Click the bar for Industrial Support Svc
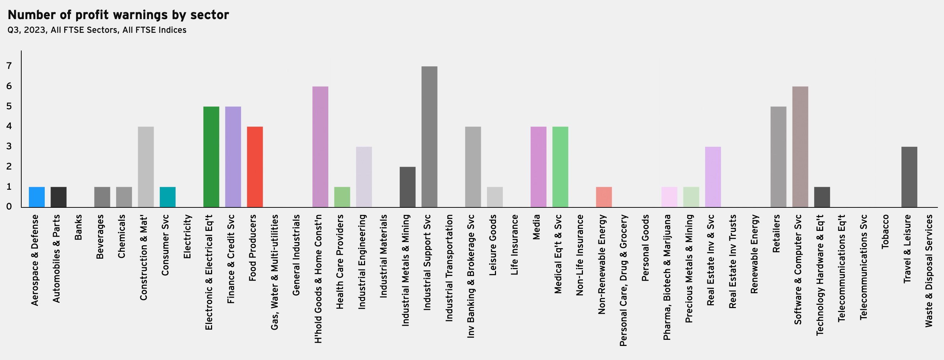pyautogui.click(x=429, y=137)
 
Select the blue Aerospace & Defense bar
pyautogui.click(x=37, y=197)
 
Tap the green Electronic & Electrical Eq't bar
pyautogui.click(x=211, y=157)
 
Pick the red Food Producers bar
pyautogui.click(x=255, y=167)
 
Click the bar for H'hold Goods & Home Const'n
pyautogui.click(x=320, y=147)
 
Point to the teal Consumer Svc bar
pyautogui.click(x=167, y=197)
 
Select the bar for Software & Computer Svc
pyautogui.click(x=800, y=147)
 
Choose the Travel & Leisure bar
pyautogui.click(x=909, y=177)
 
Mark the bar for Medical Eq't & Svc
pyautogui.click(x=560, y=167)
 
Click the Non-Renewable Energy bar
pyautogui.click(x=603, y=197)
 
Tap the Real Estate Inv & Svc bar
pyautogui.click(x=713, y=177)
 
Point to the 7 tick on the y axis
pyautogui.click(x=9, y=66)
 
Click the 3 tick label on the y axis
pyautogui.click(x=9, y=147)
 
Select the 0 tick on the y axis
pyautogui.click(x=9, y=207)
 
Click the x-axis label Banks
pyautogui.click(x=78, y=227)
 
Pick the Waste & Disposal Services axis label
pyautogui.click(x=929, y=271)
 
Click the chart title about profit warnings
pyautogui.click(x=118, y=15)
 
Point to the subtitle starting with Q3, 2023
pyautogui.click(x=97, y=30)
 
